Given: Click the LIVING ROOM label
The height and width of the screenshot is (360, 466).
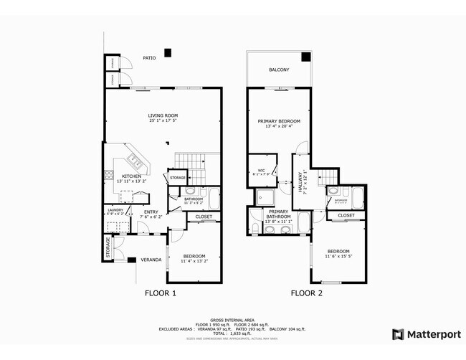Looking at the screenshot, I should tap(163, 115).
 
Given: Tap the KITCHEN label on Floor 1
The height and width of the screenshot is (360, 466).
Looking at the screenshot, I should tap(130, 176).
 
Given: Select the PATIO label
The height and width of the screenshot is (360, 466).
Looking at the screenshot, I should tap(148, 58).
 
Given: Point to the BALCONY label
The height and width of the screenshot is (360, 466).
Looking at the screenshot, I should tap(279, 70).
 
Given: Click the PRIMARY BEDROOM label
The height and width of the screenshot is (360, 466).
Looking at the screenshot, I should tap(279, 122).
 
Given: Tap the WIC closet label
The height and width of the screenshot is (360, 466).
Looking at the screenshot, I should tap(262, 171).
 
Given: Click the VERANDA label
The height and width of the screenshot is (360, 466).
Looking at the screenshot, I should tap(150, 259).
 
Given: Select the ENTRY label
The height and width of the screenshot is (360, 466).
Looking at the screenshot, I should tap(151, 212).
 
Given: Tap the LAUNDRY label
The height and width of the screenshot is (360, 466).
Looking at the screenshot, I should tap(115, 209).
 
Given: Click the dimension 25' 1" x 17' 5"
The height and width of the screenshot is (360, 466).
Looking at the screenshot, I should tap(163, 121).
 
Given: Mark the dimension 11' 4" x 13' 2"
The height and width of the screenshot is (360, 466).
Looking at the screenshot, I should tap(194, 262).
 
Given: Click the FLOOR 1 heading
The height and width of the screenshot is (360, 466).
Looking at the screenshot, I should tap(161, 293).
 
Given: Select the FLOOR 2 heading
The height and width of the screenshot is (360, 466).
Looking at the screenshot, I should tap(306, 293).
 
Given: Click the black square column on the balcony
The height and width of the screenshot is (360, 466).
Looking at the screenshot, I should tap(305, 57).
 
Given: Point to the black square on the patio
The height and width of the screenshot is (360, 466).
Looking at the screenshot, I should tap(168, 52).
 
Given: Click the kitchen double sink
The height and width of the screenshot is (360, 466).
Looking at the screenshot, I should tap(135, 160).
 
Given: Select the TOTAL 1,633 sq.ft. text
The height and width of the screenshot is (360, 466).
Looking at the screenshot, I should tap(233, 333).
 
